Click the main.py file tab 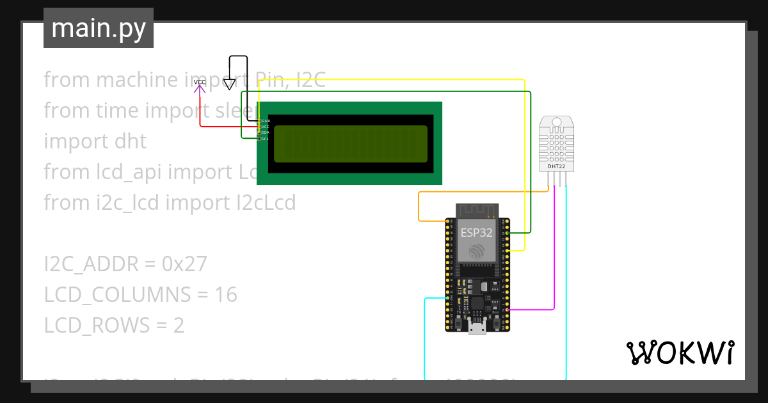(x=99, y=28)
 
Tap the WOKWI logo (x=679, y=352)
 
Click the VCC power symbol (x=200, y=83)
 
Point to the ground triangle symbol (x=229, y=84)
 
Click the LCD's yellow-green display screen (x=350, y=143)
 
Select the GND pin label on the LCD (x=266, y=120)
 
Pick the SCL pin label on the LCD (x=266, y=138)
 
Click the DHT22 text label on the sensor (x=556, y=166)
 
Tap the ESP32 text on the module (x=477, y=233)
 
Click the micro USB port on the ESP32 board (x=477, y=329)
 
